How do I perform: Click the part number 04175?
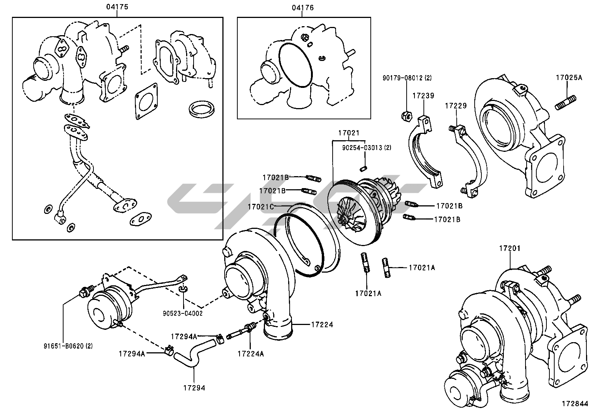point(117,7)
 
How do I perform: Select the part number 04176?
point(303,7)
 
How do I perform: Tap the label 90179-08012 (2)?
point(407,78)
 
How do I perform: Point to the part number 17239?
point(423,96)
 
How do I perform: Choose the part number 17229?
point(456,106)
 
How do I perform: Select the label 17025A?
point(569,78)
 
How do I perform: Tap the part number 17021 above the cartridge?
point(349,133)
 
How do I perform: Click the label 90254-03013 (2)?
point(367,148)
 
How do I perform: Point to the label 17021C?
point(261,206)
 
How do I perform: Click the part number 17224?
point(322,325)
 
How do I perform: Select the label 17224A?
point(250,354)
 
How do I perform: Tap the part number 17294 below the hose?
point(194,388)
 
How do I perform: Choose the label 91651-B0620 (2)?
point(68,346)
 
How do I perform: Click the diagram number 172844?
point(575,404)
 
